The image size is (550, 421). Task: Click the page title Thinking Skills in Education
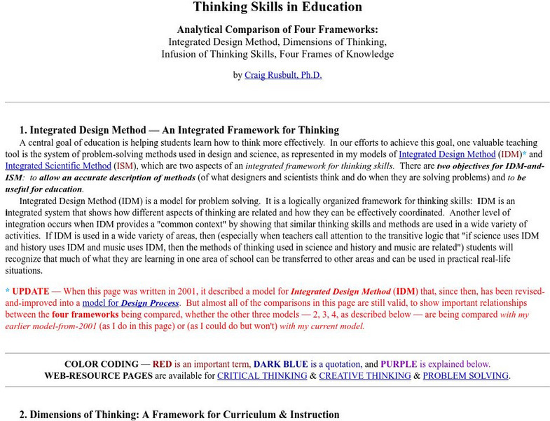click(x=277, y=8)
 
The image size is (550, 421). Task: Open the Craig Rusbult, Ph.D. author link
click(x=283, y=75)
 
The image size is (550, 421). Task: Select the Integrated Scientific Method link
click(x=58, y=166)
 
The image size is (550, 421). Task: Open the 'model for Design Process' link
click(x=130, y=302)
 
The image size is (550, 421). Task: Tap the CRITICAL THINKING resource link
click(x=262, y=375)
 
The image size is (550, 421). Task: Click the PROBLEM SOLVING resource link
click(x=465, y=375)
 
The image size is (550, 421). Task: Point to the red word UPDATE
click(x=32, y=290)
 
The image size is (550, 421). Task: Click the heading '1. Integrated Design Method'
click(x=179, y=130)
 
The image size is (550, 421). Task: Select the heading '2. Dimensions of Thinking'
click(x=179, y=415)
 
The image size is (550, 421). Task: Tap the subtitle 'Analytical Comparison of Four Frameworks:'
click(x=277, y=29)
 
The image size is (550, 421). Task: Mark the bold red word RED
click(x=163, y=364)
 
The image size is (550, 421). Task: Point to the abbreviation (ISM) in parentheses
click(x=123, y=166)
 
